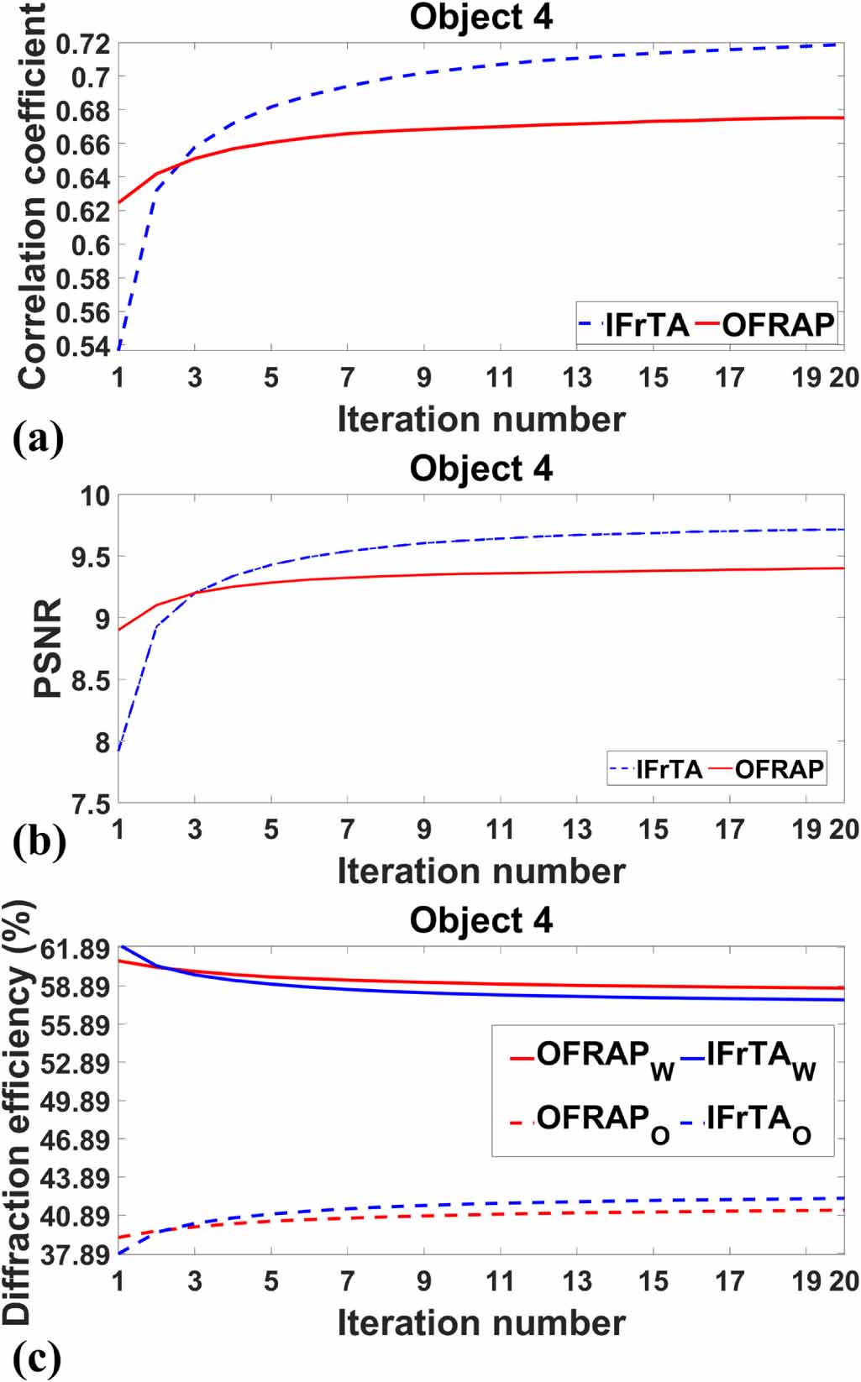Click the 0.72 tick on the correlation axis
click(x=83, y=43)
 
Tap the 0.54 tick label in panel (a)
click(x=83, y=346)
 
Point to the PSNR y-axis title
click(x=48, y=647)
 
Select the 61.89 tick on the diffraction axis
click(x=76, y=950)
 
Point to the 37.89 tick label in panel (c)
click(x=76, y=1254)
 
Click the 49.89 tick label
click(x=76, y=1102)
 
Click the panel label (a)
click(x=38, y=438)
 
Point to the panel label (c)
click(x=37, y=1357)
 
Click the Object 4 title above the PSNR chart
click(x=481, y=469)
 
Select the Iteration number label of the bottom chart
click(x=481, y=1322)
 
